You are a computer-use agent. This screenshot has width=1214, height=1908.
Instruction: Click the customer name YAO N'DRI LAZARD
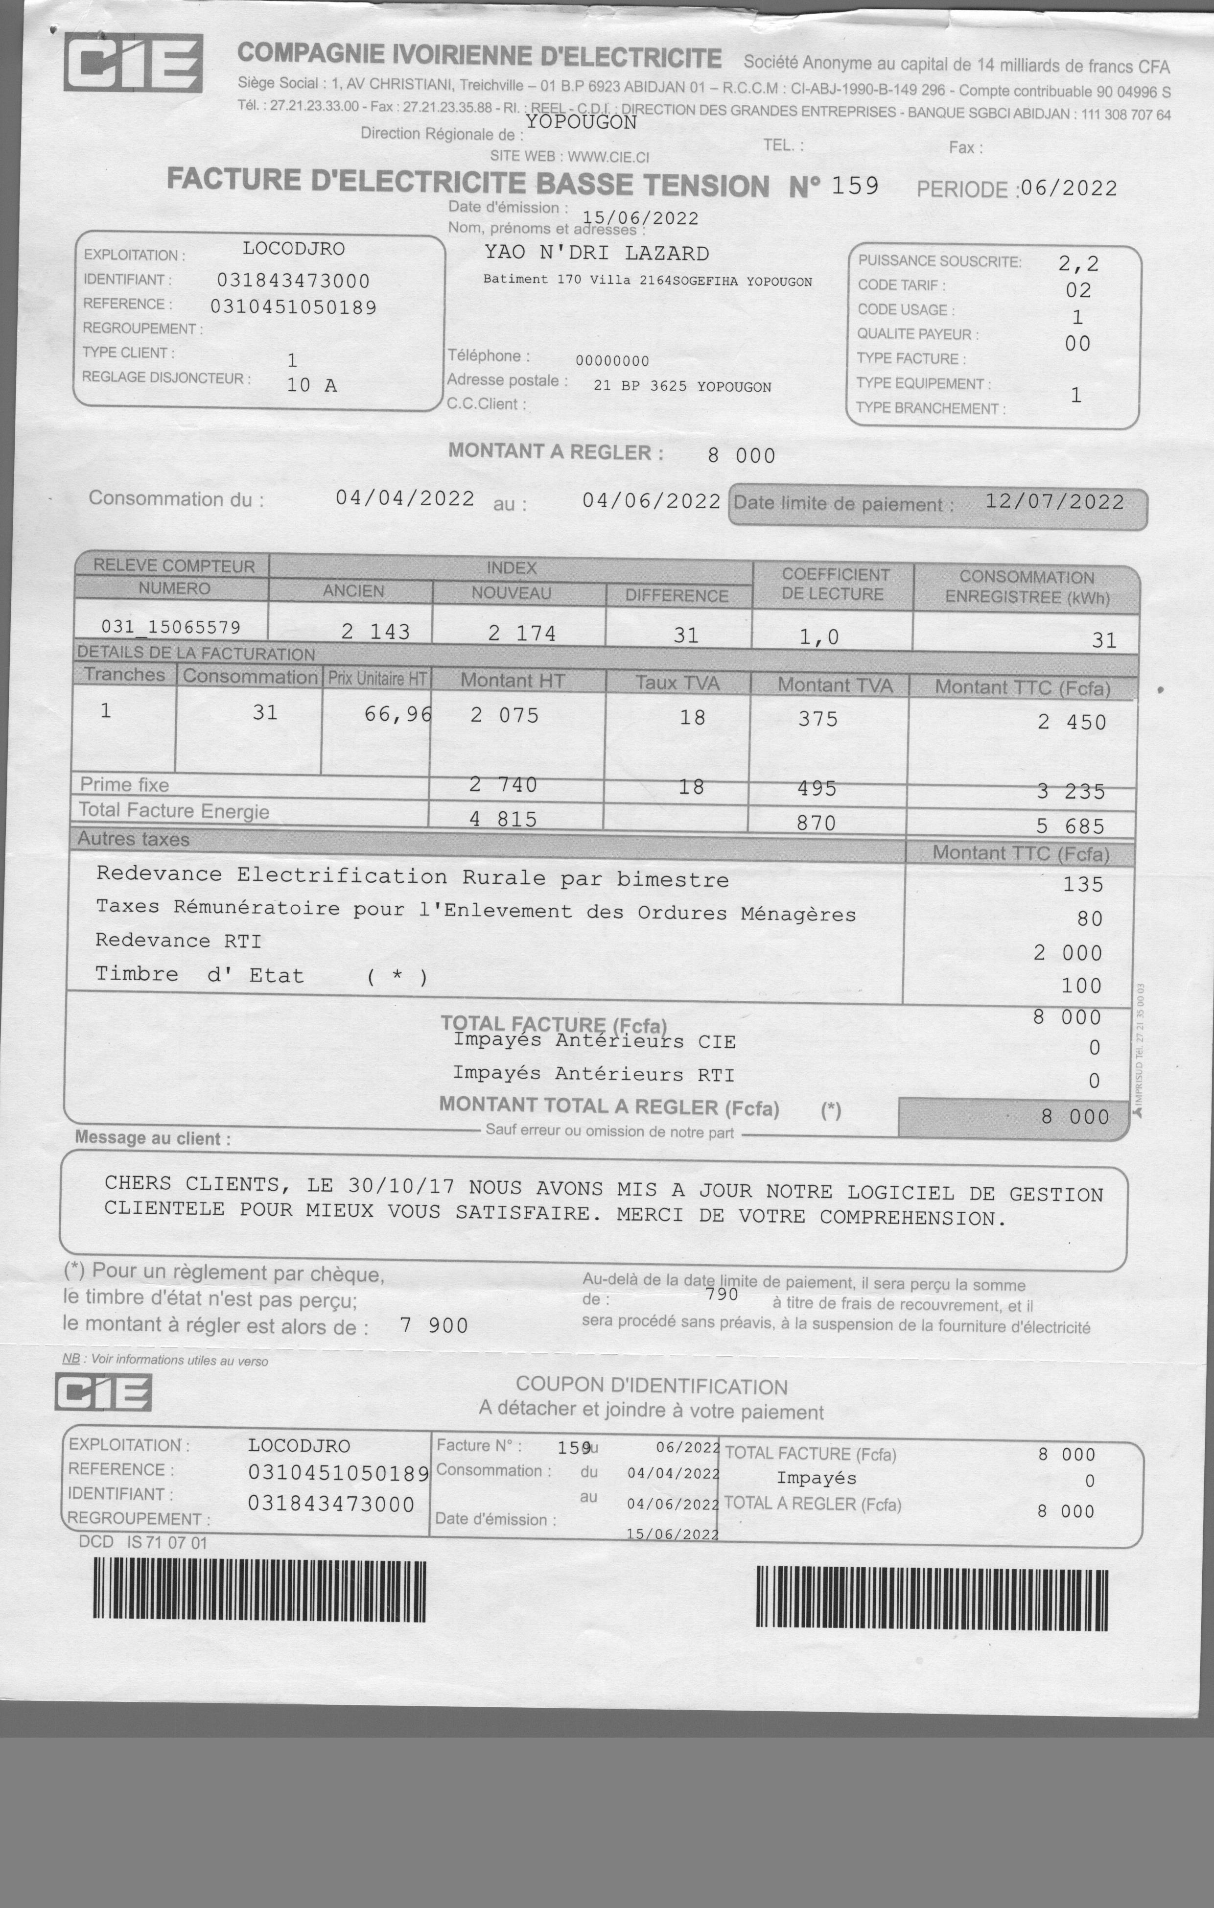coord(597,254)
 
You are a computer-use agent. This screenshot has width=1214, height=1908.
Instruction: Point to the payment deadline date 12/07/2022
coord(1054,501)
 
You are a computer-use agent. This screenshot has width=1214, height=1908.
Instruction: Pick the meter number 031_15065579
coord(170,627)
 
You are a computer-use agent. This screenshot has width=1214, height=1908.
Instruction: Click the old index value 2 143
coord(375,632)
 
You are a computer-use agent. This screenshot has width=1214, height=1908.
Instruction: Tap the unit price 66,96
coord(397,714)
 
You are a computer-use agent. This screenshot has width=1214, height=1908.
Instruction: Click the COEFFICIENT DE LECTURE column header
coord(835,584)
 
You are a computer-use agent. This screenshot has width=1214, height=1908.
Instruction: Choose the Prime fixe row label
coord(124,784)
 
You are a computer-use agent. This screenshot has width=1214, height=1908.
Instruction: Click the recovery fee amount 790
coord(721,1294)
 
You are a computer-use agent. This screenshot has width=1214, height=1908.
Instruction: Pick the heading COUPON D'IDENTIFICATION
coord(652,1386)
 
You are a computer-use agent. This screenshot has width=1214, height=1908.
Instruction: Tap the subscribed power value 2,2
coord(1078,263)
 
